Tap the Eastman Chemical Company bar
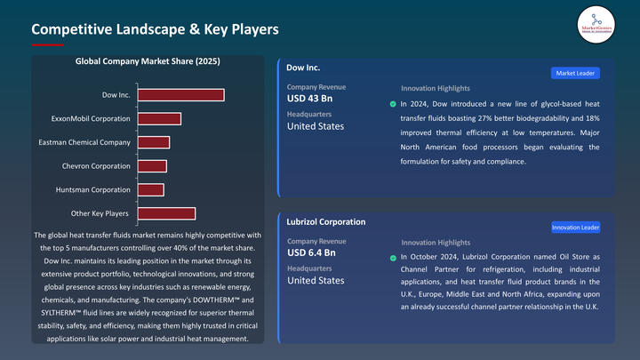coord(152,142)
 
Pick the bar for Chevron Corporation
coord(151,166)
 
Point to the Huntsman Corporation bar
coord(149,189)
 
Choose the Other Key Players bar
coord(165,213)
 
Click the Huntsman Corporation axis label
coord(98,189)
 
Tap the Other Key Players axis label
coord(100,213)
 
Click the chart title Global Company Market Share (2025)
coord(148,61)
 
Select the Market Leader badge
coord(576,72)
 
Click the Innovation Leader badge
coord(575,228)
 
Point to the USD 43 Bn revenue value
coord(309,99)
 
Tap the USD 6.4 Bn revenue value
coord(311,253)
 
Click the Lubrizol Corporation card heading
coord(325,221)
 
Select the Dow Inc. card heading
coord(303,67)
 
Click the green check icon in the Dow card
coord(394,104)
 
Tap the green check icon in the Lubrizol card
coord(394,259)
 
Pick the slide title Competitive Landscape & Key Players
coord(155,29)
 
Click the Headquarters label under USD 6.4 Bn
coord(309,268)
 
